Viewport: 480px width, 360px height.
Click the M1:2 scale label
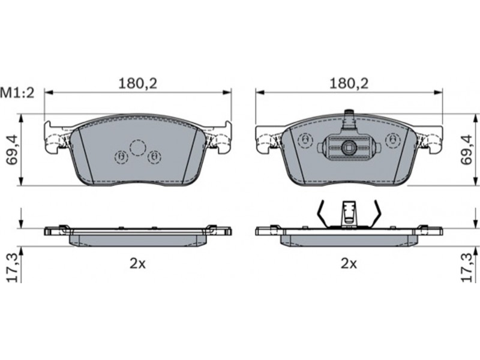(17, 93)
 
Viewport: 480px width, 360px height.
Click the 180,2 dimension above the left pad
(138, 83)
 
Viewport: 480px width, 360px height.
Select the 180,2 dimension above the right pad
(349, 83)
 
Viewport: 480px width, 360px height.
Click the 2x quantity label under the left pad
(138, 263)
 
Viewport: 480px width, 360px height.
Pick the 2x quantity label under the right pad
(349, 263)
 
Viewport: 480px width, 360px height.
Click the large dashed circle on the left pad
(137, 148)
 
